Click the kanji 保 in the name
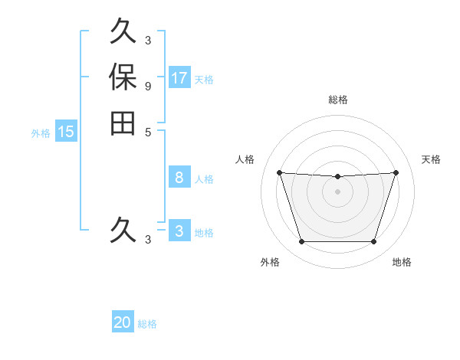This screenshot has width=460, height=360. point(123,77)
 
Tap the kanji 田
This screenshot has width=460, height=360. point(123,123)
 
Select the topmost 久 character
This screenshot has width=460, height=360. point(123,32)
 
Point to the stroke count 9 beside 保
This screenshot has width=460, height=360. point(147,86)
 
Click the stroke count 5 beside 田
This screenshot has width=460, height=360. point(147,131)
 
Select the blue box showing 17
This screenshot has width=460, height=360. point(179,77)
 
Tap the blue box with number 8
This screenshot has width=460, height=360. point(179,178)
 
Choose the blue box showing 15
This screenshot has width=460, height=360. point(66,132)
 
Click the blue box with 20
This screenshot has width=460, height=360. point(123,322)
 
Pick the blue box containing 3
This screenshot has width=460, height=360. point(179,231)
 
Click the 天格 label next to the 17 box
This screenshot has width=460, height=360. point(204,79)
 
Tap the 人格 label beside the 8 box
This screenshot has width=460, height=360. point(204,179)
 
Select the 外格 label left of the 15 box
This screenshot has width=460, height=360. point(41,133)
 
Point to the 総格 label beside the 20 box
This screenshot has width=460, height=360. point(147,324)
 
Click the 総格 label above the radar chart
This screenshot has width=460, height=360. point(337,100)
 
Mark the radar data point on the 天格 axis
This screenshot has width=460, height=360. point(396,173)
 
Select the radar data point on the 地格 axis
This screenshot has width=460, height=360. point(373,242)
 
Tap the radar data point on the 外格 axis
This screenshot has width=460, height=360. point(301,242)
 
